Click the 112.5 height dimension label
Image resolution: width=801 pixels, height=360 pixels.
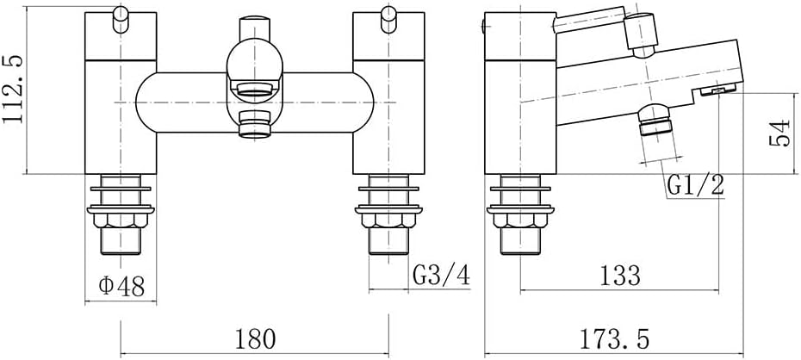(13, 89)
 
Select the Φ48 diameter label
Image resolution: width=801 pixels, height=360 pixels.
(121, 287)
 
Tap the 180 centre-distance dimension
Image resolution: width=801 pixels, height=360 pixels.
(255, 338)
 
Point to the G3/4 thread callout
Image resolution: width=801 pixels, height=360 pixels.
(441, 276)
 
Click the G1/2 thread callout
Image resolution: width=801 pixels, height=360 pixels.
(695, 186)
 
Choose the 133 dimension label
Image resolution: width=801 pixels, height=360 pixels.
(619, 276)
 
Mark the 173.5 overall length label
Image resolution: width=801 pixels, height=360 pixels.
(614, 339)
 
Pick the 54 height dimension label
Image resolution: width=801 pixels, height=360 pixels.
(779, 133)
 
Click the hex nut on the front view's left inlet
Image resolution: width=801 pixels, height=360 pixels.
(121, 220)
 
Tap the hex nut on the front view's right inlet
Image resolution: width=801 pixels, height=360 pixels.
(388, 220)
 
